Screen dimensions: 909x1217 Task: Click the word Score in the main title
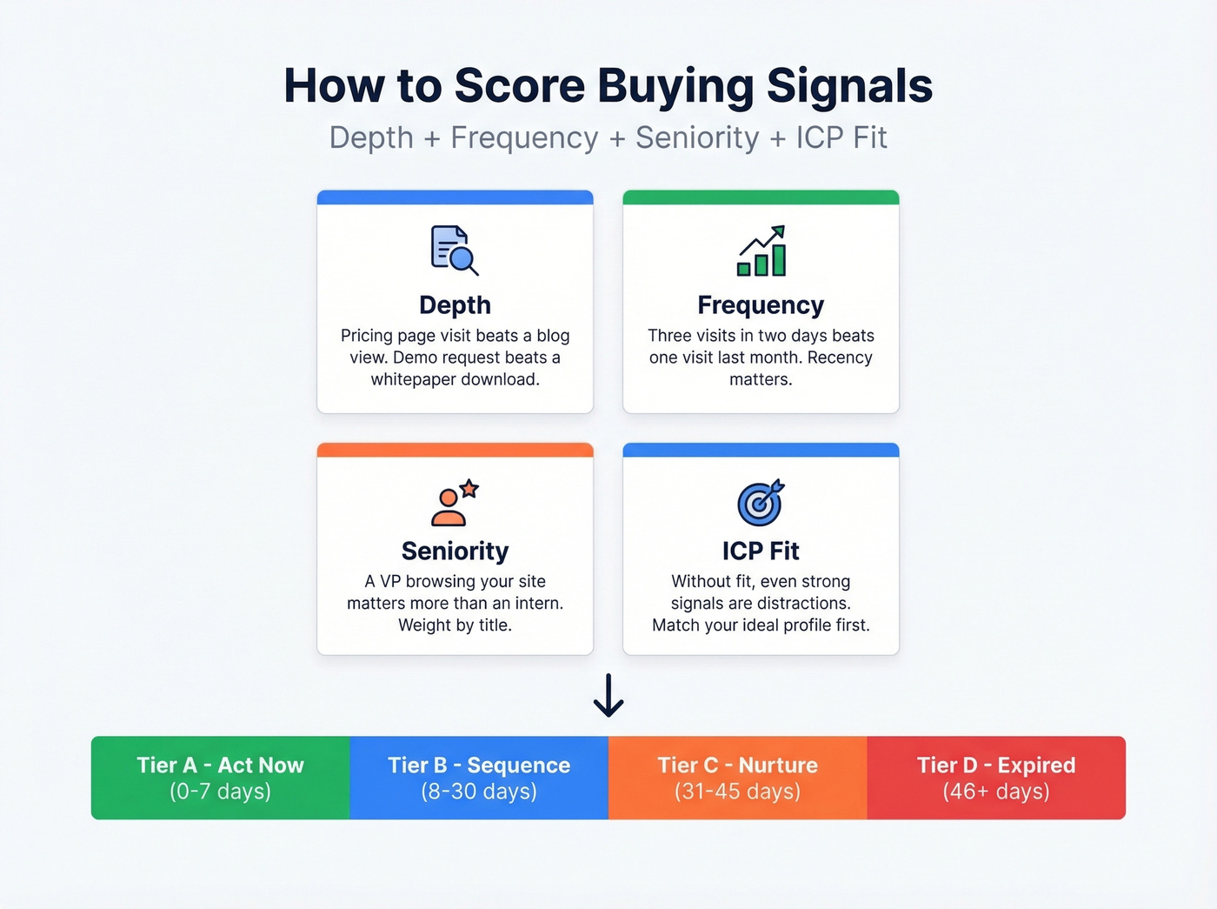point(519,86)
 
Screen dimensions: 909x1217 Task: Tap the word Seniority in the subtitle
point(697,137)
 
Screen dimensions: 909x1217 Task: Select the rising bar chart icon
point(761,251)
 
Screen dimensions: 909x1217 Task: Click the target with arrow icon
point(761,503)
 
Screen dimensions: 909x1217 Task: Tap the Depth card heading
point(455,305)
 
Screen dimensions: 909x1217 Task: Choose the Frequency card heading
point(761,305)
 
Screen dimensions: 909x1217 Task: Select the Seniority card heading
point(455,551)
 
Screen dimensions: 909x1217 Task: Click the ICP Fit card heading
point(761,551)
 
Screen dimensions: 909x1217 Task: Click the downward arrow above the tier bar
point(608,695)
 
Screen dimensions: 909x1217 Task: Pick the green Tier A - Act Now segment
point(220,778)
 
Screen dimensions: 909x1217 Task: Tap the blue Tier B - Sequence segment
point(479,778)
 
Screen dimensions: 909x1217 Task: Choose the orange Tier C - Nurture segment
point(737,778)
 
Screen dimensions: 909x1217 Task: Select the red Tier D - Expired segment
point(996,778)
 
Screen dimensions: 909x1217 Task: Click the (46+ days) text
point(996,792)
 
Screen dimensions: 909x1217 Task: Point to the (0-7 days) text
point(220,792)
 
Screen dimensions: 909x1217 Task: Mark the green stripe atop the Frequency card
point(761,197)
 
